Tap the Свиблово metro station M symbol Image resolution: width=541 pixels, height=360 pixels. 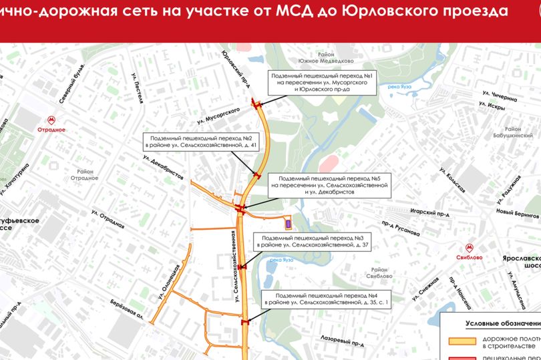point(470,244)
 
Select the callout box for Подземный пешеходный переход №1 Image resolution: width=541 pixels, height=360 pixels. point(324,82)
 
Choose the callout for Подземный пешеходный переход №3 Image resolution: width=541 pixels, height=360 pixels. point(311,242)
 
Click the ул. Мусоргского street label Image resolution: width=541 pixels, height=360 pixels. point(218,115)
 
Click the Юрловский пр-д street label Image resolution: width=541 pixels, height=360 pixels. point(238,66)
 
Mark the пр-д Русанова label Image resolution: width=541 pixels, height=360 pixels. point(401,228)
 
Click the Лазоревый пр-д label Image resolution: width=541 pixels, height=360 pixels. point(341,340)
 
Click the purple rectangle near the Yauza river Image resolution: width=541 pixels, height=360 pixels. point(289,223)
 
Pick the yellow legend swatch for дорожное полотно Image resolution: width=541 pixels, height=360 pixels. point(460,341)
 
